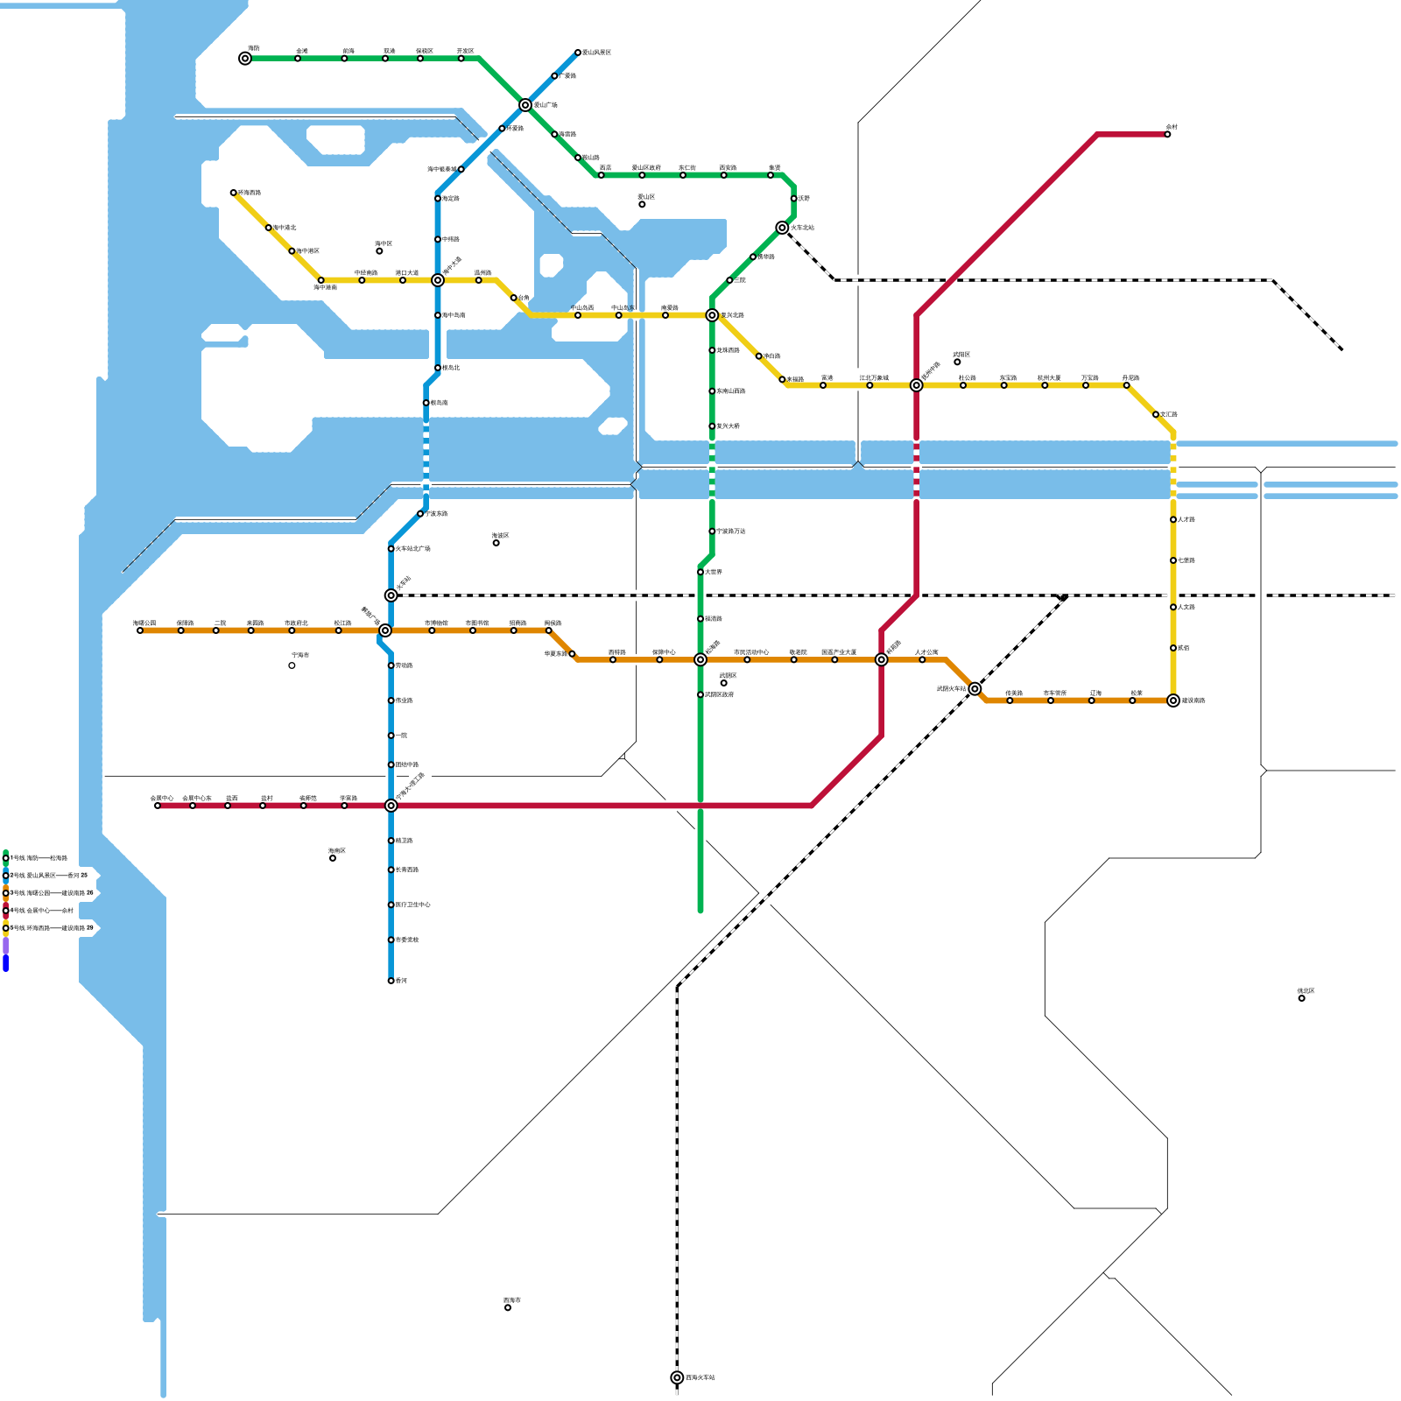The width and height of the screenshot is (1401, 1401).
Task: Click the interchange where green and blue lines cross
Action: [x=525, y=105]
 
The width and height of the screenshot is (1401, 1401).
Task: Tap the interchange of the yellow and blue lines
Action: [x=438, y=280]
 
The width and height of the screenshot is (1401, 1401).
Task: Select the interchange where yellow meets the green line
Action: [x=712, y=315]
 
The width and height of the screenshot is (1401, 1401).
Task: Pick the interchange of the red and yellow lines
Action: [x=916, y=385]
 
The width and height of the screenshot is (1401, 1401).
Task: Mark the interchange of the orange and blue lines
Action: [x=385, y=630]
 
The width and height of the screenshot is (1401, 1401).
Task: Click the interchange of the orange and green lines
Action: [x=700, y=659]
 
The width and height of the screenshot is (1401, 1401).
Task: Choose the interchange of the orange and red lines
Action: [x=882, y=659]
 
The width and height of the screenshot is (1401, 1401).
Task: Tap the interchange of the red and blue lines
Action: [x=391, y=806]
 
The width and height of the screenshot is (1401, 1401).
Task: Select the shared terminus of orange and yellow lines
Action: [x=1173, y=700]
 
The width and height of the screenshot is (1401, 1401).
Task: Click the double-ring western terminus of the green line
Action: [x=245, y=59]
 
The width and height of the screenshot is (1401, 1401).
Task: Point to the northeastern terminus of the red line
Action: [x=1167, y=135]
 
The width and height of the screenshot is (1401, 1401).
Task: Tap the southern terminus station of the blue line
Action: [x=391, y=981]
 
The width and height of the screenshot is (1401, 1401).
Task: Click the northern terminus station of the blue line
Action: [x=578, y=53]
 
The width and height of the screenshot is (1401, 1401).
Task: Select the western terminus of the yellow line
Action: [x=234, y=193]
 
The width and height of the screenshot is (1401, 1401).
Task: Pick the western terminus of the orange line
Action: [x=140, y=630]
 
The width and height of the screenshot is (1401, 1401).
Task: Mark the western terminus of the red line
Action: [x=158, y=806]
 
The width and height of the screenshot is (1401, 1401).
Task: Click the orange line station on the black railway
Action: [x=975, y=689]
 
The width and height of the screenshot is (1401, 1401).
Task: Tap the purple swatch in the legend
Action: [x=5, y=946]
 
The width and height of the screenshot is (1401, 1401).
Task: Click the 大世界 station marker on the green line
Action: [x=700, y=572]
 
